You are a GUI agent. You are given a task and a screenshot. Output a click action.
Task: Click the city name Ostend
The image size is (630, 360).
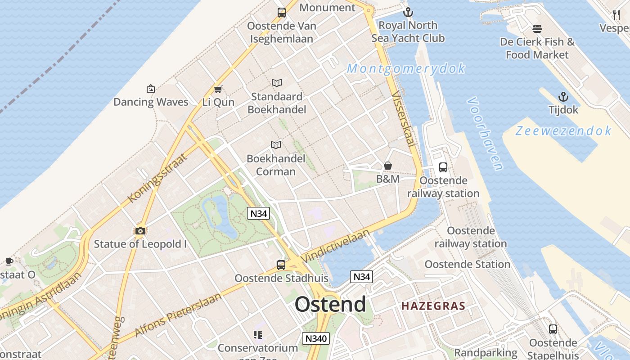[330, 305]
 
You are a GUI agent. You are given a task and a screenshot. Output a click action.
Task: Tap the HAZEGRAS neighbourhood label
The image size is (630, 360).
[433, 306]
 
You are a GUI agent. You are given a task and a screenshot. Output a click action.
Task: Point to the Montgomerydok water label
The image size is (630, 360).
[406, 69]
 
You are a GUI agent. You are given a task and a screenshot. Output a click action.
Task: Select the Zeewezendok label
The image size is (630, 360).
[563, 131]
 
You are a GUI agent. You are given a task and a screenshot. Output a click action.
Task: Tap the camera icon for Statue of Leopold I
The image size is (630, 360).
[140, 231]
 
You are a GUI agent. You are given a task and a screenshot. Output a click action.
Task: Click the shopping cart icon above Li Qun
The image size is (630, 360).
[218, 89]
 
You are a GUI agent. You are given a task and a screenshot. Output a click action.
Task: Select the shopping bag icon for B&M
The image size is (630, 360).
[388, 166]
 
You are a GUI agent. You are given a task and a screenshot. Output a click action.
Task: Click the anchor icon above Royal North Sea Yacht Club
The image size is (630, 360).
[408, 12]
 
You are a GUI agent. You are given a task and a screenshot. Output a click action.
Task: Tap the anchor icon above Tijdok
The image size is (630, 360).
[563, 97]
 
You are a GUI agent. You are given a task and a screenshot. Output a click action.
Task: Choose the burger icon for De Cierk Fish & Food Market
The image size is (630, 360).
[537, 29]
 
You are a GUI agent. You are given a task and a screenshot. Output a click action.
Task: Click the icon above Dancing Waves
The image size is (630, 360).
[151, 89]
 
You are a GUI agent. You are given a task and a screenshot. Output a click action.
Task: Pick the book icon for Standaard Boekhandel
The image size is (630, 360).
[277, 83]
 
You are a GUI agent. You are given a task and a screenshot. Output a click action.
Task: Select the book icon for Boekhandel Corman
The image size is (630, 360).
[276, 145]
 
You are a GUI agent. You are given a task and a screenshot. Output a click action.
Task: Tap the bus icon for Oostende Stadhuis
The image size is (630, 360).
[281, 265]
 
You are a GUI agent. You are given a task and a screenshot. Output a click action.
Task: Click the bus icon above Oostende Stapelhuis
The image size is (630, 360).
[553, 329]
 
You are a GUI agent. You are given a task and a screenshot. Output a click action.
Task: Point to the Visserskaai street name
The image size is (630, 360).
[403, 119]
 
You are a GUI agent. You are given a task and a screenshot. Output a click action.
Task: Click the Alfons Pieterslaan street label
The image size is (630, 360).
[179, 315]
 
